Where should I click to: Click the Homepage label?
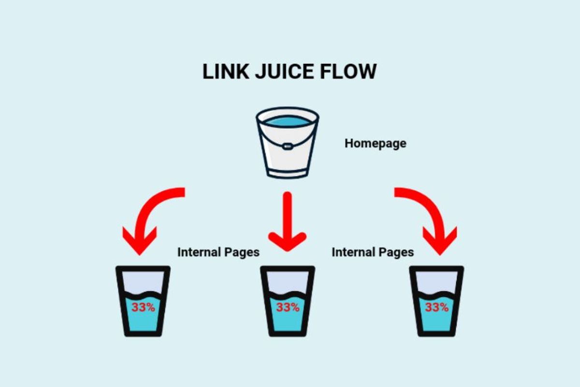tap(375, 143)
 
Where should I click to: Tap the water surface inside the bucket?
tap(288, 120)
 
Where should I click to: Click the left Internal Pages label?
tap(218, 252)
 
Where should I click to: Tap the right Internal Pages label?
tap(372, 252)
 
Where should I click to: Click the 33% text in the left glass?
tap(143, 307)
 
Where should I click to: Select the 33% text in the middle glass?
tap(288, 307)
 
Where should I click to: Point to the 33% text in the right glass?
tap(436, 307)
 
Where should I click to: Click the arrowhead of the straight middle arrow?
tap(288, 241)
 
